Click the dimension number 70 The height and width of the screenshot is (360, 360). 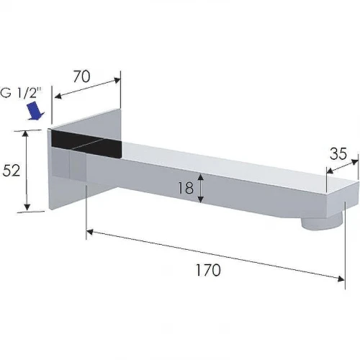pos(82,76)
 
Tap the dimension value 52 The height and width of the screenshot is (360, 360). pos(12,171)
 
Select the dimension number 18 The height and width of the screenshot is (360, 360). pos(186,188)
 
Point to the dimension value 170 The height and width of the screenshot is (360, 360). pos(208,270)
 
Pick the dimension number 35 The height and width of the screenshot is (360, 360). pos(338,153)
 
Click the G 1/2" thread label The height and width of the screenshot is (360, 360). pos(21,92)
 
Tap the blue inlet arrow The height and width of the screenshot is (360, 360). pos(35,110)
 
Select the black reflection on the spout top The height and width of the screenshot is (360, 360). pos(86,143)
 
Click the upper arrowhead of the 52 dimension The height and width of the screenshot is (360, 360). pos(26,135)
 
